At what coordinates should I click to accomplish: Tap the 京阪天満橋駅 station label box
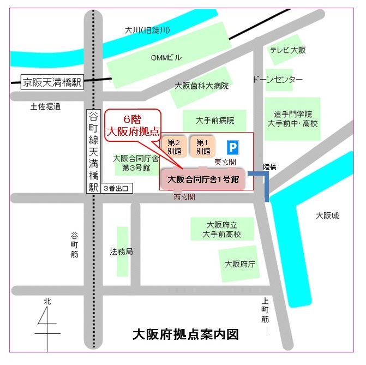point(52,82)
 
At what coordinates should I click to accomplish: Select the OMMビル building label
point(166,57)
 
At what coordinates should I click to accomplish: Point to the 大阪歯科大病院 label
point(201,86)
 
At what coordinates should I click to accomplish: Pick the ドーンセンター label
point(277,80)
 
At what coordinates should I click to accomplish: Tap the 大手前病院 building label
point(215,120)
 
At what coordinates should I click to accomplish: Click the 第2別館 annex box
point(175,146)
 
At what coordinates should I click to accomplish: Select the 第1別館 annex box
point(203,146)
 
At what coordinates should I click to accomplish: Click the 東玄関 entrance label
point(225,162)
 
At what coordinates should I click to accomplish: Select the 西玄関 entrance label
point(184,196)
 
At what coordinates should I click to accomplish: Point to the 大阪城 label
point(327,216)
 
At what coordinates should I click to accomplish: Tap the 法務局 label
point(121,252)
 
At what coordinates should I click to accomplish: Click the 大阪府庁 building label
point(240,264)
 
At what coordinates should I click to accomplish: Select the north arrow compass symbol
point(48,322)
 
